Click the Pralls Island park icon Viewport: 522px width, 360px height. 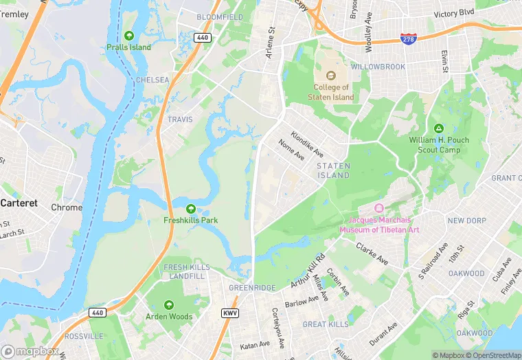[x=129, y=36]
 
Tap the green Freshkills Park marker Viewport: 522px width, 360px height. [x=190, y=209]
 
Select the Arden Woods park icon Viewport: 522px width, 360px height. [x=169, y=305]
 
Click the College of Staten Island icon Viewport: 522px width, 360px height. [x=330, y=76]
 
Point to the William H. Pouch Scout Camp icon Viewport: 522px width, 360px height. [x=439, y=128]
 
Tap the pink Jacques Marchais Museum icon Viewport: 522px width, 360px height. [x=378, y=208]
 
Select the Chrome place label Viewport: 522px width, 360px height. [x=67, y=207]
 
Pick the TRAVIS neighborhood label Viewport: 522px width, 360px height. [x=180, y=120]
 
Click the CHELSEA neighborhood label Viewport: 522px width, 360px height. [x=152, y=80]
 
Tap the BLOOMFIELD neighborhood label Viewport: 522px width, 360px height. [x=220, y=16]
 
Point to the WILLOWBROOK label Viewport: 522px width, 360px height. [x=377, y=67]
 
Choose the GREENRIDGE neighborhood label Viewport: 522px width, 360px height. [x=251, y=288]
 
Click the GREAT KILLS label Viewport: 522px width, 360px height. [x=326, y=324]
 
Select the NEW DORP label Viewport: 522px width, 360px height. [x=466, y=221]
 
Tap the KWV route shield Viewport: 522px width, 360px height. [x=230, y=313]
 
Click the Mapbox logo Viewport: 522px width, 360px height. [x=30, y=350]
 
